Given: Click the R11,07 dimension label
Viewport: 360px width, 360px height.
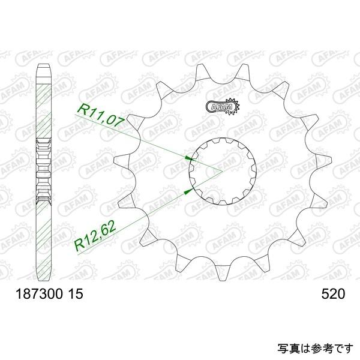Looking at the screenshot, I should (x=100, y=115).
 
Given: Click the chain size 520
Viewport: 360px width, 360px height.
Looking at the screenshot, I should (x=333, y=295).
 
